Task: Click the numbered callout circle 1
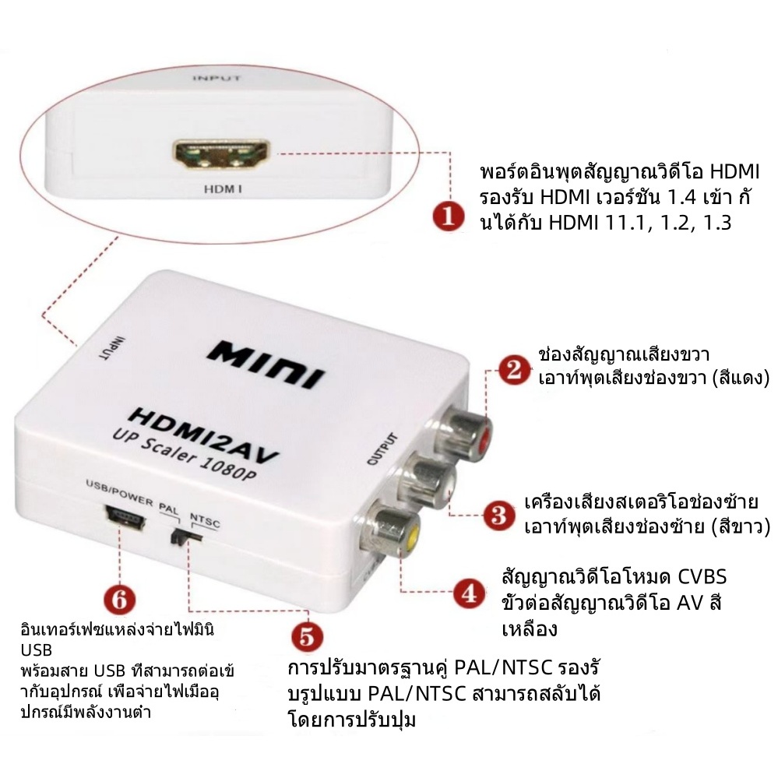[449, 217]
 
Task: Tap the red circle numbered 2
[514, 370]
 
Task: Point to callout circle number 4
[470, 593]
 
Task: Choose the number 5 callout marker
[307, 636]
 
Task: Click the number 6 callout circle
[120, 600]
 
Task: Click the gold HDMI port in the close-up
[221, 154]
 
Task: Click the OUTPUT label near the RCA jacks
[382, 449]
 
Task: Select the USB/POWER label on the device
[120, 493]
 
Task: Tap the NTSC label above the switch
[206, 520]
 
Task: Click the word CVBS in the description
[702, 577]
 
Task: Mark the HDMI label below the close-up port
[223, 189]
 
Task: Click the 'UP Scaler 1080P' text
[184, 456]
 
